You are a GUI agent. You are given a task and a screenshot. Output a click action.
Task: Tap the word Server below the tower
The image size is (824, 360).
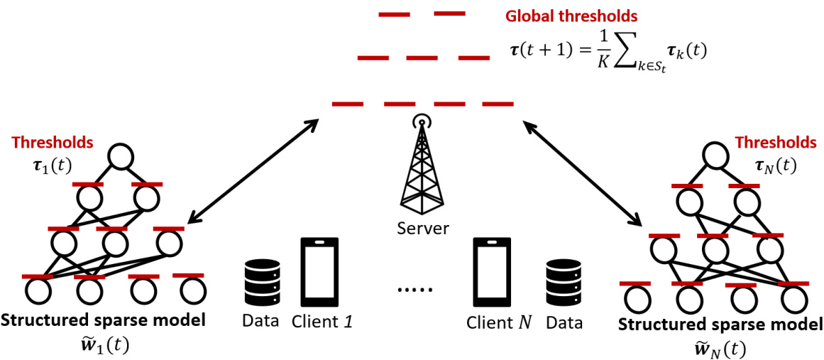tap(422, 229)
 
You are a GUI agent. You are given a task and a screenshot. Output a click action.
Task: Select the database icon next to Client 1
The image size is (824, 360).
tap(259, 282)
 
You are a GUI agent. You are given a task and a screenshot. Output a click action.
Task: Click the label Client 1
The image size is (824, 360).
tap(322, 322)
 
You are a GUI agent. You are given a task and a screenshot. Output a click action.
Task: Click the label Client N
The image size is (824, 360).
tap(498, 322)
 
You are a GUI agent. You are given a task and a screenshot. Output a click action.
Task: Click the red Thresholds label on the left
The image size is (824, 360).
tap(52, 143)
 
